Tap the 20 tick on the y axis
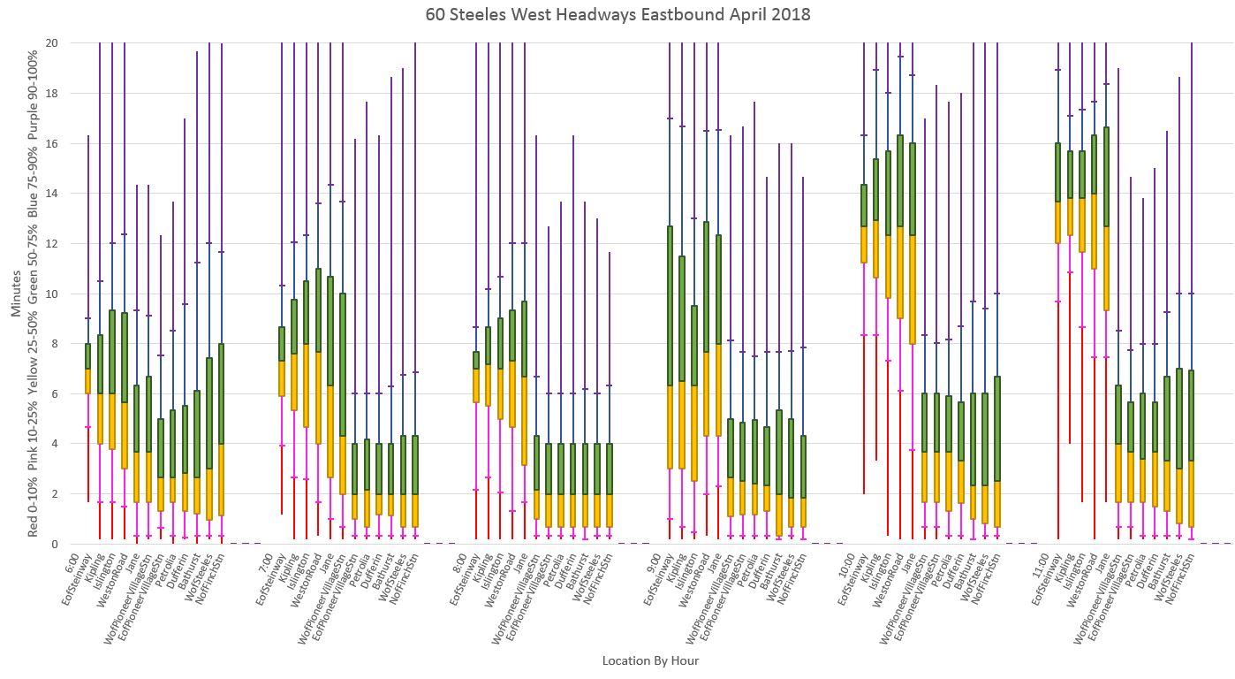[52, 42]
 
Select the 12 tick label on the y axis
[52, 243]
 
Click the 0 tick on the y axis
[55, 544]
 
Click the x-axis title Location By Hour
[650, 660]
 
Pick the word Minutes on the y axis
[17, 294]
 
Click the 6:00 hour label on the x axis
[74, 562]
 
